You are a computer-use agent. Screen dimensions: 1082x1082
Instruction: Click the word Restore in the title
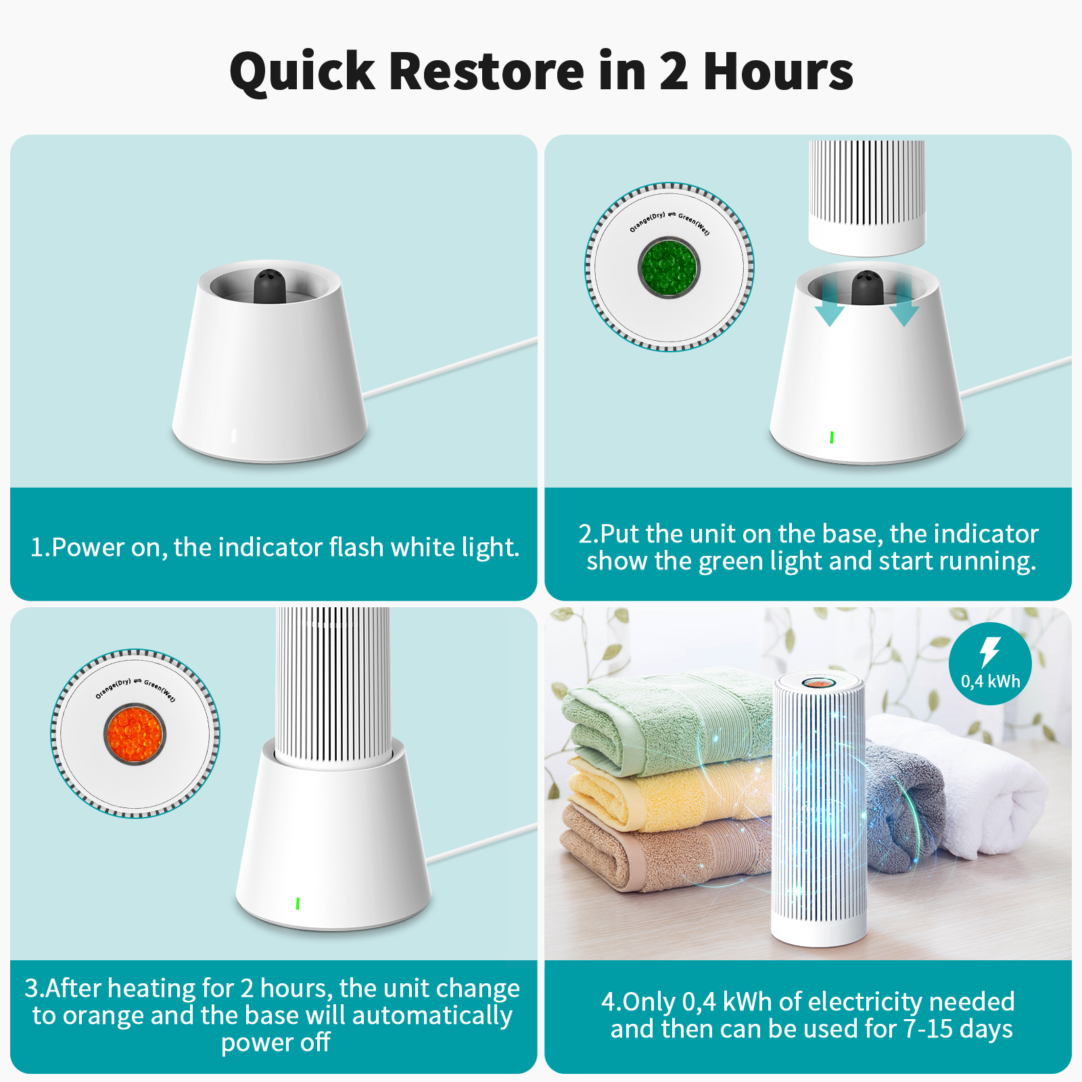(x=486, y=71)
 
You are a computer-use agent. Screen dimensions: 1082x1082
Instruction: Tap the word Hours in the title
(x=778, y=71)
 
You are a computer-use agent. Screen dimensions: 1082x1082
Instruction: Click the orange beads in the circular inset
(x=135, y=733)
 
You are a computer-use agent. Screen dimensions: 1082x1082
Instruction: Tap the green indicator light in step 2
(x=832, y=438)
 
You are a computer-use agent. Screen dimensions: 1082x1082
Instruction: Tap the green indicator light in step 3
(x=298, y=903)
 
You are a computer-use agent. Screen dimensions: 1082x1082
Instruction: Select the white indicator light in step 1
(x=234, y=435)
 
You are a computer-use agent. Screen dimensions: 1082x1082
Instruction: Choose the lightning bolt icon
(x=990, y=652)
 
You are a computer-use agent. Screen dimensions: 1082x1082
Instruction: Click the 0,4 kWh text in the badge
(x=991, y=682)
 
